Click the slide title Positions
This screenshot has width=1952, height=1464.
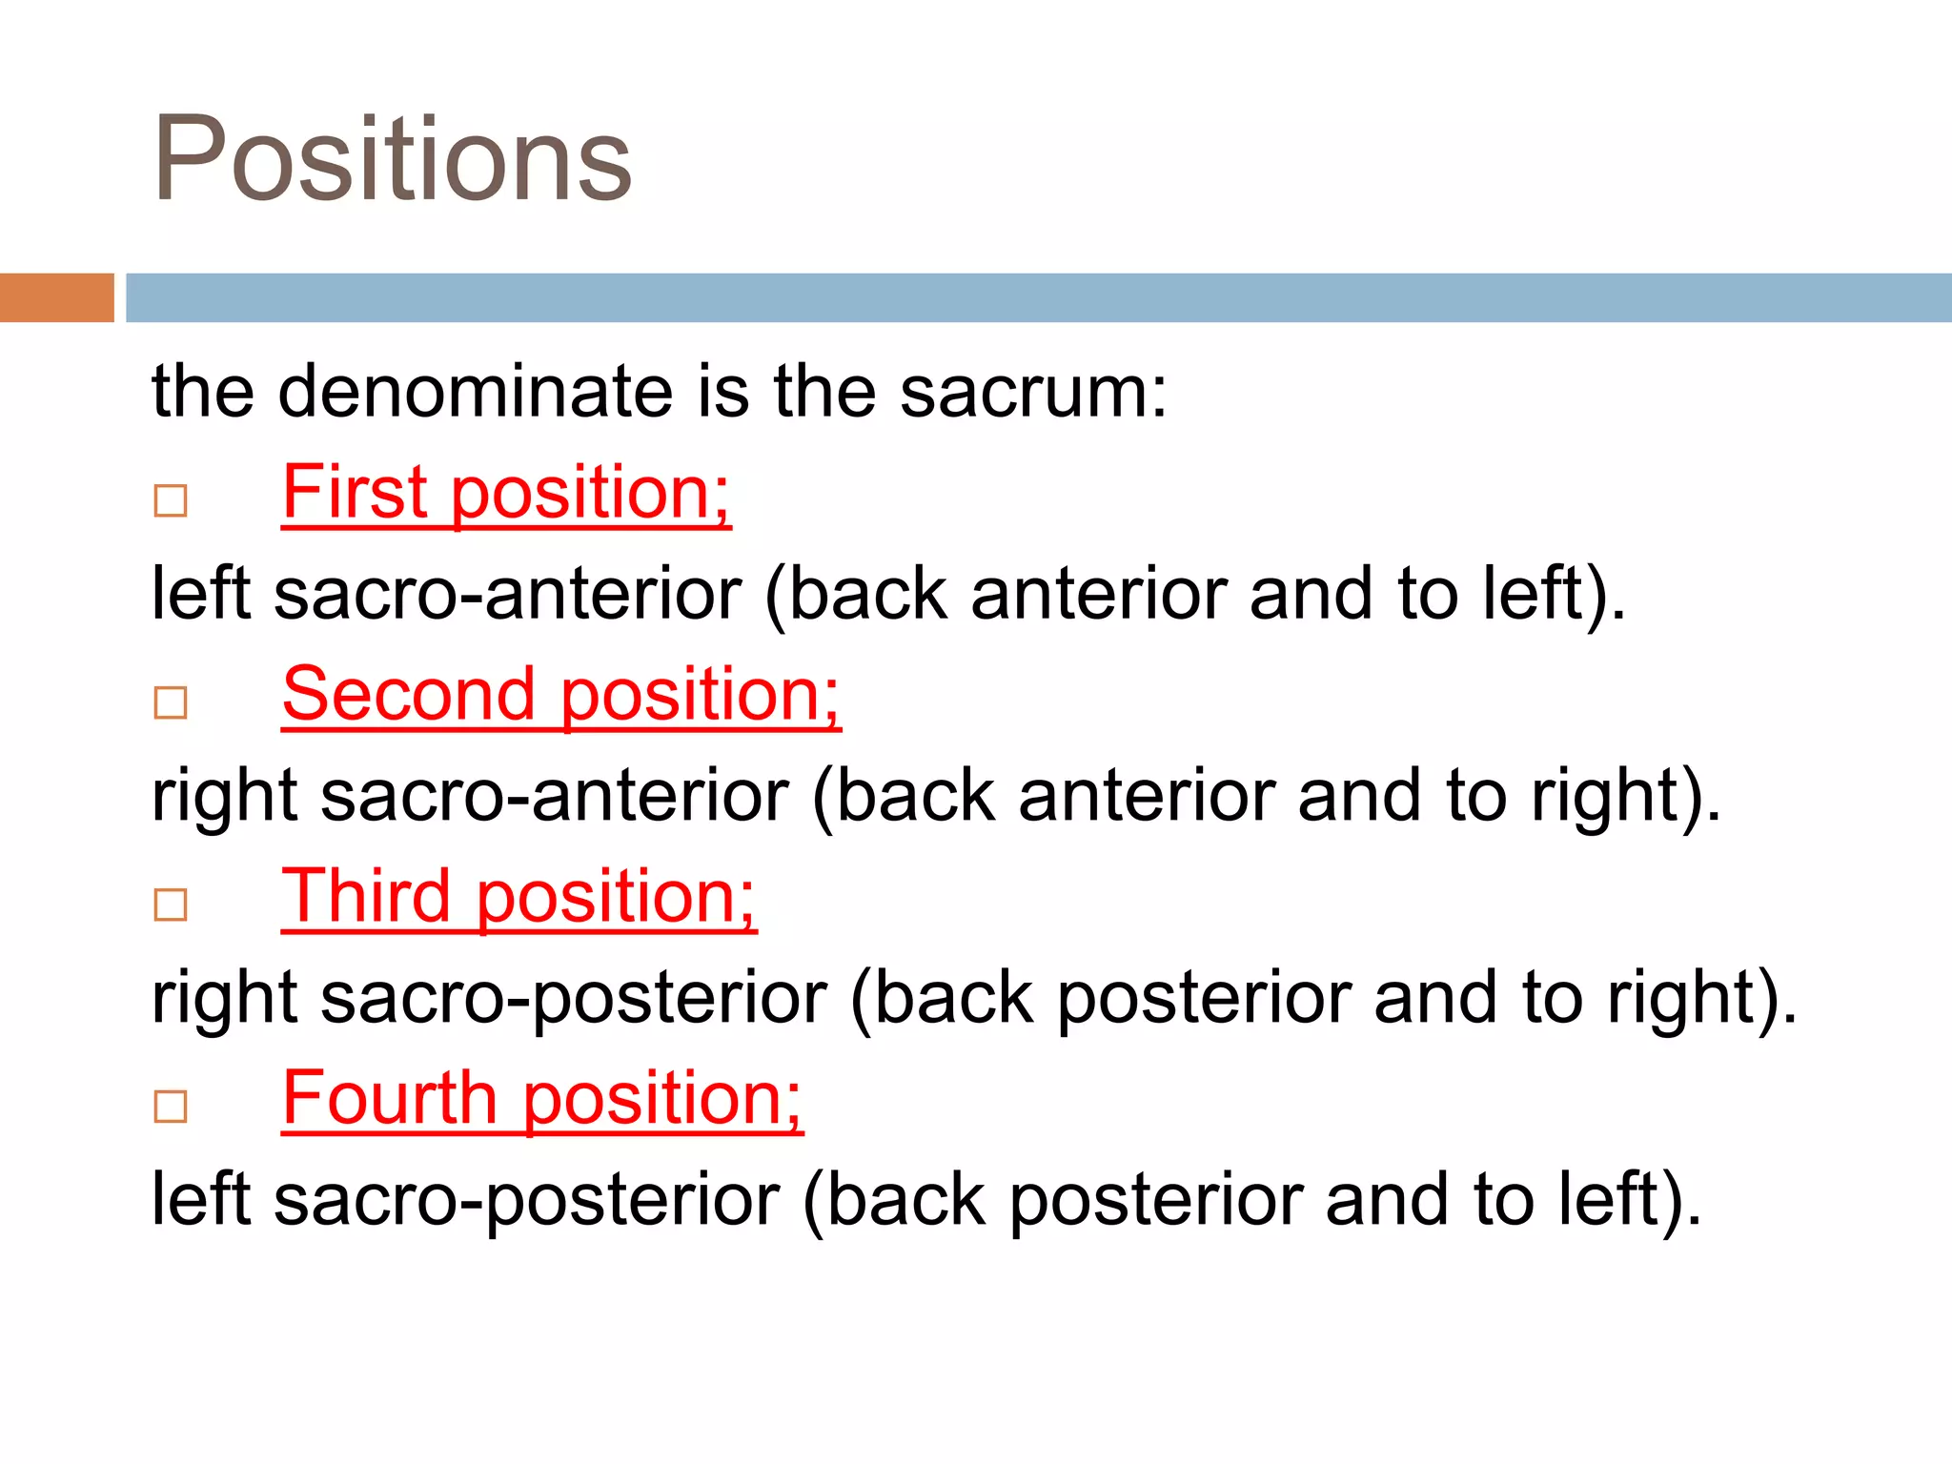click(392, 160)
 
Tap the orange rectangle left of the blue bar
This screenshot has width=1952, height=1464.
click(56, 297)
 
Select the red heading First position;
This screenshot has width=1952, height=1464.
click(506, 493)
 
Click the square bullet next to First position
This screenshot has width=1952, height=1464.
click(171, 500)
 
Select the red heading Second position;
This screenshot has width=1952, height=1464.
click(561, 695)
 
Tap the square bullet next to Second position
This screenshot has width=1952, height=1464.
click(171, 702)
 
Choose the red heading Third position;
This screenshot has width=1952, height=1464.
click(518, 897)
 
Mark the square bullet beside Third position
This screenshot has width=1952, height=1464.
click(171, 905)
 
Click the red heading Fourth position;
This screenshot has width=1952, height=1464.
click(542, 1099)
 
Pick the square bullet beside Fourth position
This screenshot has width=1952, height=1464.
click(171, 1107)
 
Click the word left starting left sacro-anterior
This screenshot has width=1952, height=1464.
click(201, 594)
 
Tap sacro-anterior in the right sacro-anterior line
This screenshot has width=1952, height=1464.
click(555, 796)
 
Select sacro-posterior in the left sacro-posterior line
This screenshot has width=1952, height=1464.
click(527, 1200)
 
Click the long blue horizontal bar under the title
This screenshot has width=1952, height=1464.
click(1038, 297)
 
